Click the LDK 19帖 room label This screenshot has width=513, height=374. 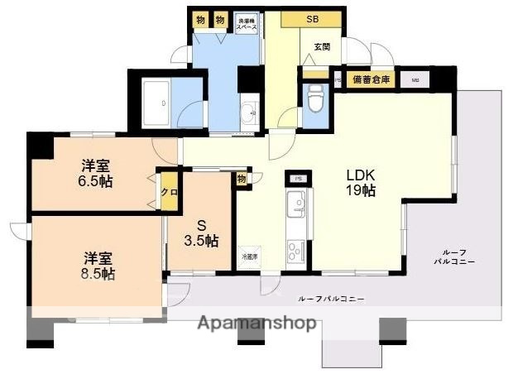tap(361, 183)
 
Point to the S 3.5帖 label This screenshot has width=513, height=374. tap(200, 232)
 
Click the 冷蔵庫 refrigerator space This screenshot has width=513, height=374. tap(249, 257)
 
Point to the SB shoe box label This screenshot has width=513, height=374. tap(312, 19)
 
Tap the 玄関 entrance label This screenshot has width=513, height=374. tap(322, 47)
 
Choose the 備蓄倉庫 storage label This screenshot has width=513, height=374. tap(369, 79)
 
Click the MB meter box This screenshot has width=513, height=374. tap(415, 80)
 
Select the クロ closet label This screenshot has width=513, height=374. tap(169, 192)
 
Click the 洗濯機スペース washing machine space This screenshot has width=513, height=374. tap(247, 23)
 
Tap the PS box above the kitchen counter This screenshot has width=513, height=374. tap(297, 178)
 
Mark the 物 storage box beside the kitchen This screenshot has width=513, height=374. tap(242, 179)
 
